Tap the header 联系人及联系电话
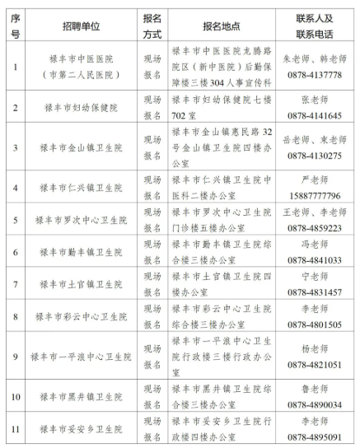(x=311, y=25)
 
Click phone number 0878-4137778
(x=311, y=74)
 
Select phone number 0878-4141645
(x=311, y=116)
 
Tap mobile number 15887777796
(x=311, y=194)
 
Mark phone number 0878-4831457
(x=311, y=292)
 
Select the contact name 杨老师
(x=311, y=348)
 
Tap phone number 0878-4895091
(x=311, y=436)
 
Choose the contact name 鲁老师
(x=311, y=390)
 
